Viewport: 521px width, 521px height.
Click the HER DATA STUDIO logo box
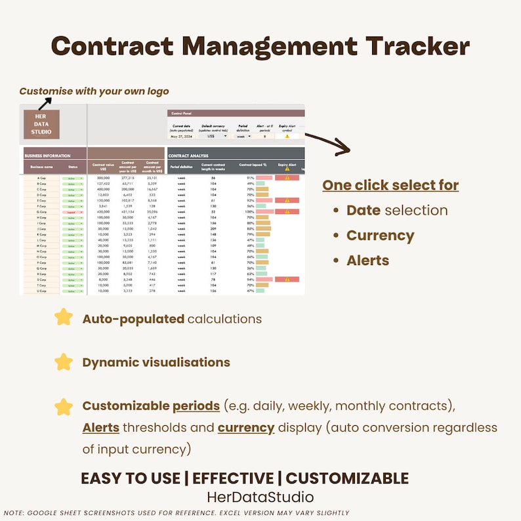[x=41, y=124]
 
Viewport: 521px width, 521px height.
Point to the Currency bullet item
[x=380, y=236]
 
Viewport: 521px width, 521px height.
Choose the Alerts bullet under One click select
[x=367, y=260]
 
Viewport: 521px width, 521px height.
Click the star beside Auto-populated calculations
[x=64, y=318]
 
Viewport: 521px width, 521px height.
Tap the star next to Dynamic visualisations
[x=64, y=362]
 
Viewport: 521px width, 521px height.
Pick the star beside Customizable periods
[x=64, y=407]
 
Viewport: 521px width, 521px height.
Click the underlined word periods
[x=196, y=406]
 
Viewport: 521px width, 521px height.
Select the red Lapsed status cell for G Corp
[x=72, y=212]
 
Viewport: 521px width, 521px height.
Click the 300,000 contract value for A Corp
[x=103, y=178]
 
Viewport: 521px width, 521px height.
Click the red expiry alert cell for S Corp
[x=287, y=280]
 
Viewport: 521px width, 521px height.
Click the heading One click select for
[x=390, y=186]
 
